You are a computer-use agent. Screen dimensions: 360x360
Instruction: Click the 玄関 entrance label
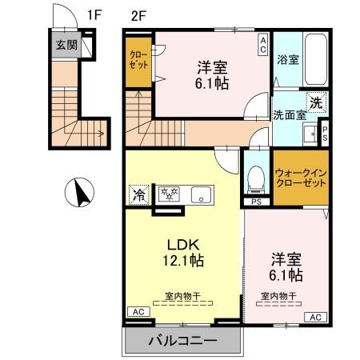(x=66, y=45)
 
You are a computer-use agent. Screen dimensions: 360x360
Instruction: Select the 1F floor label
(x=95, y=14)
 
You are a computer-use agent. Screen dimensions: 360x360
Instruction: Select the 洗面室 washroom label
(x=290, y=114)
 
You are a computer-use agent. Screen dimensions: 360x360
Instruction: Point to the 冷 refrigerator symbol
(x=138, y=194)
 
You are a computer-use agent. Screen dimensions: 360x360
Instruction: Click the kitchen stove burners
(x=169, y=194)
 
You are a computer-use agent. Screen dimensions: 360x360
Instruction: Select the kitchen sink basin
(x=200, y=194)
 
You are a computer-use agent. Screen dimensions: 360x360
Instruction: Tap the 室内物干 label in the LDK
(x=183, y=295)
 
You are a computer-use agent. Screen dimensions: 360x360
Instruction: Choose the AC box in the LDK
(x=137, y=313)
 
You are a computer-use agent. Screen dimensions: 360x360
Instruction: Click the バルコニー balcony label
(x=182, y=342)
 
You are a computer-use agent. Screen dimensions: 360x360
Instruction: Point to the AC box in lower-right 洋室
(x=314, y=318)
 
